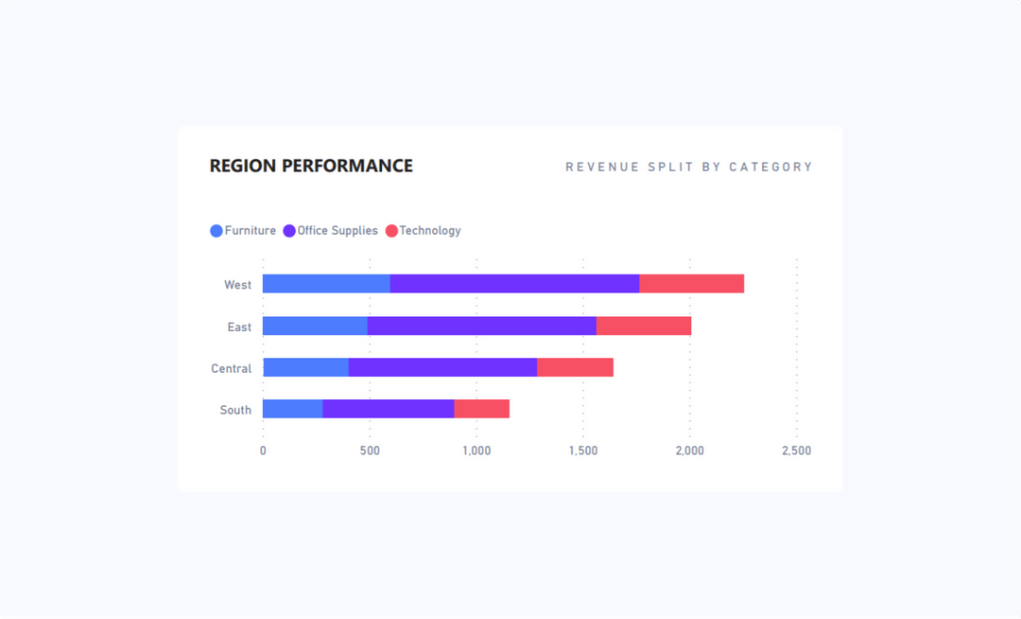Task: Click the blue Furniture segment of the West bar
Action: click(326, 284)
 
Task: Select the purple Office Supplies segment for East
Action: click(482, 326)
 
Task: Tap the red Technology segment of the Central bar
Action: click(575, 367)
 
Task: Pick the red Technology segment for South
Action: click(482, 409)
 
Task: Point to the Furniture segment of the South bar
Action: click(292, 409)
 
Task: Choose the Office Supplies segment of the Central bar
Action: click(442, 367)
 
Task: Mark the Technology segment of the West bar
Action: click(692, 284)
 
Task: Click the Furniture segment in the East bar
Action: click(315, 326)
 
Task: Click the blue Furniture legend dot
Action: click(216, 231)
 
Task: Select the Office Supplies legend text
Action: click(337, 231)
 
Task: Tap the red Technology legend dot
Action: click(391, 231)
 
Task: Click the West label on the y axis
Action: click(238, 285)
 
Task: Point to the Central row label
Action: click(232, 368)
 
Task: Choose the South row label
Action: click(236, 410)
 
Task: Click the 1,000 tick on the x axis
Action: click(476, 451)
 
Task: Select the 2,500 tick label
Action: click(796, 451)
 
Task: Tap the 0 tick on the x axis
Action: click(263, 451)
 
